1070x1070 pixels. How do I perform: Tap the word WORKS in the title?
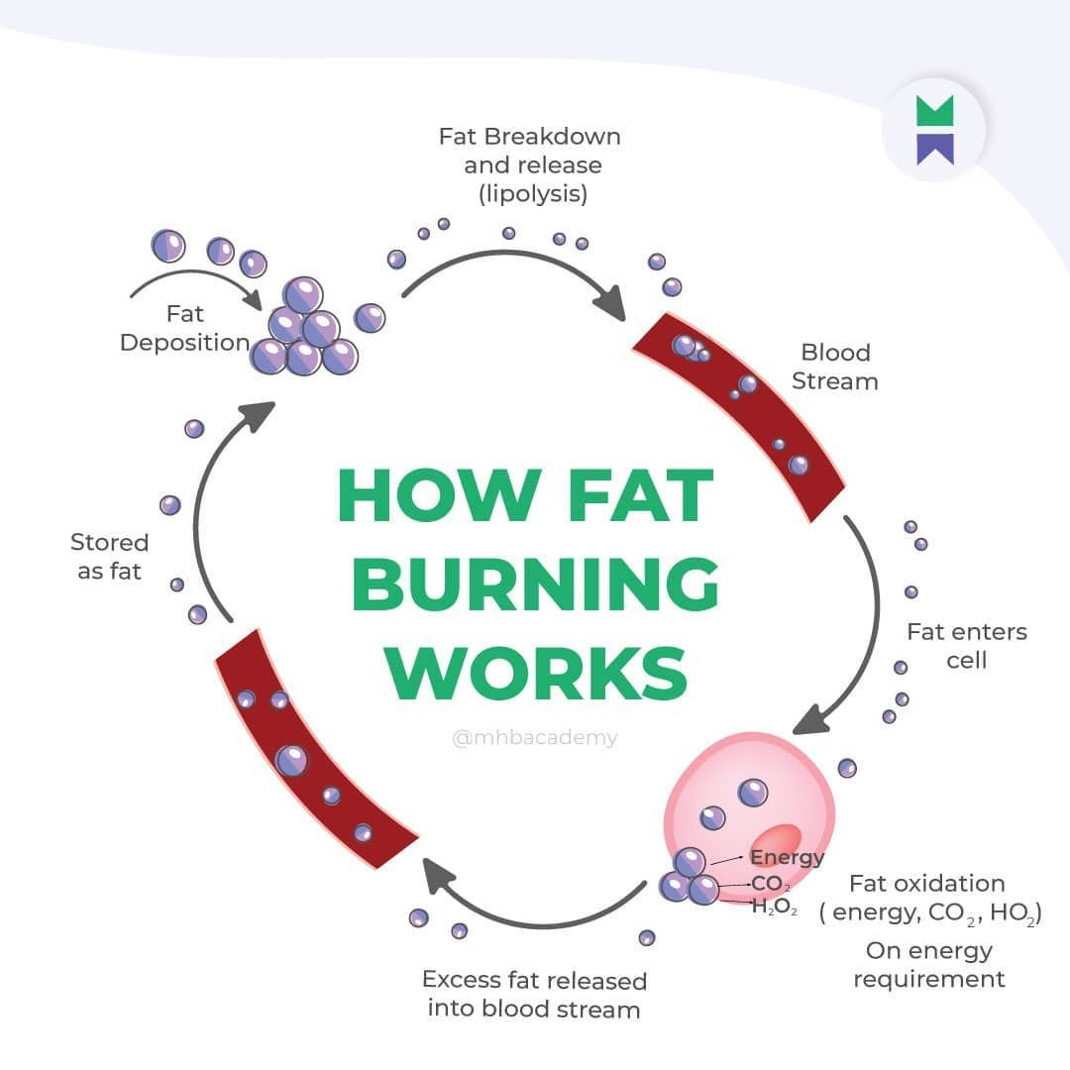point(535,674)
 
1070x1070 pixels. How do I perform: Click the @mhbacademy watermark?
point(535,738)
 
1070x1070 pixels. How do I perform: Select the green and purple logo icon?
point(934,129)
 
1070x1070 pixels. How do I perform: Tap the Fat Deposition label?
point(184,328)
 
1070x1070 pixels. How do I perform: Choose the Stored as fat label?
point(109,557)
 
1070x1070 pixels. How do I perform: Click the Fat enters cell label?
point(966,645)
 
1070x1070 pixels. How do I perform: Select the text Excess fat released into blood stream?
point(534,995)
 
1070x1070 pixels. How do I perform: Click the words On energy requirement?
point(928,965)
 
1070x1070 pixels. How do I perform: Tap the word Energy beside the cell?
point(786,858)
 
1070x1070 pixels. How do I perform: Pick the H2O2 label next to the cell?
point(774,908)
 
